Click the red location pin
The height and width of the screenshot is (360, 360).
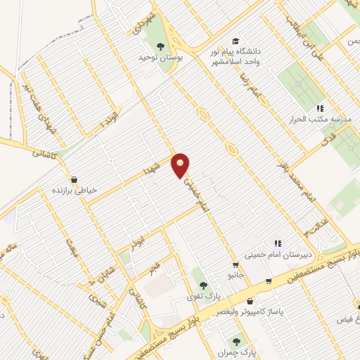click(x=181, y=165)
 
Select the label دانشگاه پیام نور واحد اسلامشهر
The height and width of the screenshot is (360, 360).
click(x=233, y=57)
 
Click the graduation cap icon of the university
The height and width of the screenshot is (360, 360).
click(x=235, y=41)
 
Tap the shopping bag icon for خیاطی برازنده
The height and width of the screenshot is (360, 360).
click(x=75, y=179)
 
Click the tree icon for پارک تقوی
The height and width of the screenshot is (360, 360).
click(x=203, y=285)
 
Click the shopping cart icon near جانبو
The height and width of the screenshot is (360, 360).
click(x=269, y=283)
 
